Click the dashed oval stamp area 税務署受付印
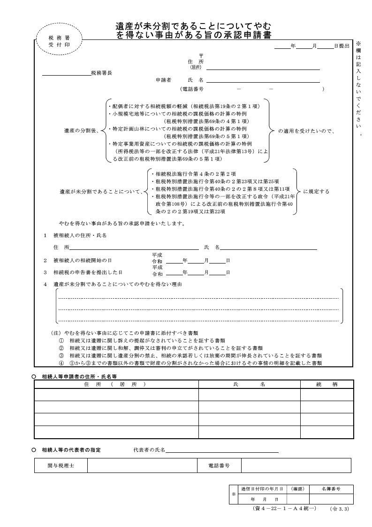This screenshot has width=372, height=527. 59,41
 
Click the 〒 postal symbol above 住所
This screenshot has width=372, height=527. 201,56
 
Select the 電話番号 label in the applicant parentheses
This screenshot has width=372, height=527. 192,89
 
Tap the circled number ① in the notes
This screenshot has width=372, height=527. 61,340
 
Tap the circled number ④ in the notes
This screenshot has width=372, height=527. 61,363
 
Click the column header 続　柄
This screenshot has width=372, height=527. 327,384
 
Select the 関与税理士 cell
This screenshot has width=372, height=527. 61,465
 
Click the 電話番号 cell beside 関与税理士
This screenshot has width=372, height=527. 219,465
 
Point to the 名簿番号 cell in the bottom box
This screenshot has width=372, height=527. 331,489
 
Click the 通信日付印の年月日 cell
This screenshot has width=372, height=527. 262,489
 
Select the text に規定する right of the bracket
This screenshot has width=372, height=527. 316,192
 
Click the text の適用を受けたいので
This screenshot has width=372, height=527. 306,131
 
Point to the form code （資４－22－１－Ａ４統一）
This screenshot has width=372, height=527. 284,509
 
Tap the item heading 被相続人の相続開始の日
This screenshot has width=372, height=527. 83,260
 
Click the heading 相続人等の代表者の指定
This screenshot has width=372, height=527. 71,450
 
